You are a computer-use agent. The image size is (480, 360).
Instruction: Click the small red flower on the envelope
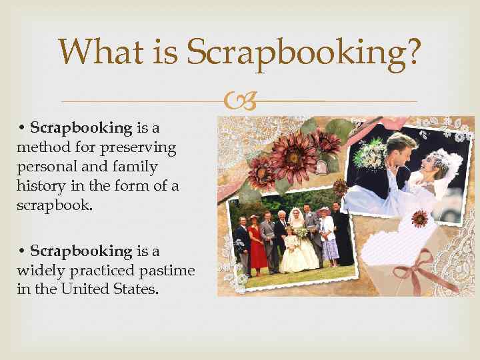tap(419, 218)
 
